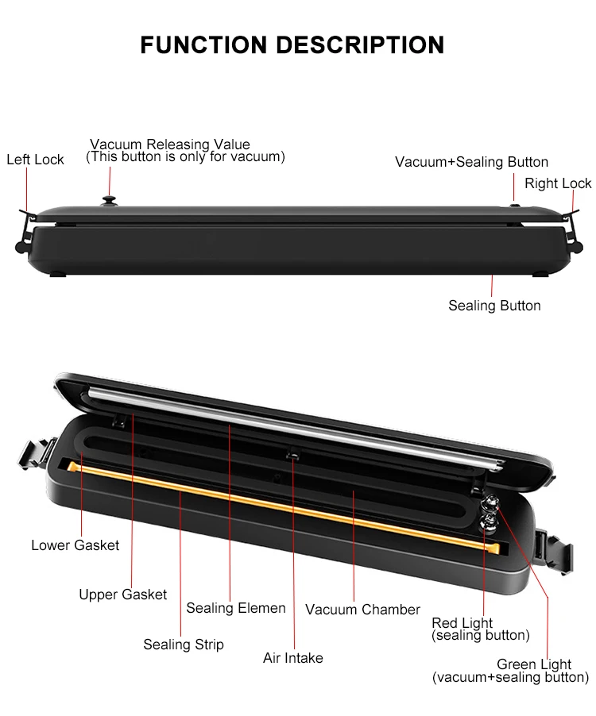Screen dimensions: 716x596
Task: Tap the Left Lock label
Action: click(35, 160)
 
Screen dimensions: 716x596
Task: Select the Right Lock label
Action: click(558, 183)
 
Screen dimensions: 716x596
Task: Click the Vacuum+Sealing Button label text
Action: click(471, 162)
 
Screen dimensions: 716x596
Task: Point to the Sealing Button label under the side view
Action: click(494, 306)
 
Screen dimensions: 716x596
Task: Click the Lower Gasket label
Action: click(75, 545)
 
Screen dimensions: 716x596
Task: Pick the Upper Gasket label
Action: click(122, 594)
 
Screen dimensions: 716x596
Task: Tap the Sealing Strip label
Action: click(184, 644)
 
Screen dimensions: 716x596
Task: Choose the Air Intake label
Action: click(293, 657)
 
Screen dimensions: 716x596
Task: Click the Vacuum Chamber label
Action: click(362, 610)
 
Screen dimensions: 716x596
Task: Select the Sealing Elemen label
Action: click(236, 608)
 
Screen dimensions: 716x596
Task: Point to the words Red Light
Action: click(462, 623)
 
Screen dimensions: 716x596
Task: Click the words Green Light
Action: click(534, 664)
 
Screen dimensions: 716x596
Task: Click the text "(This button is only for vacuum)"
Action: click(185, 157)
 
